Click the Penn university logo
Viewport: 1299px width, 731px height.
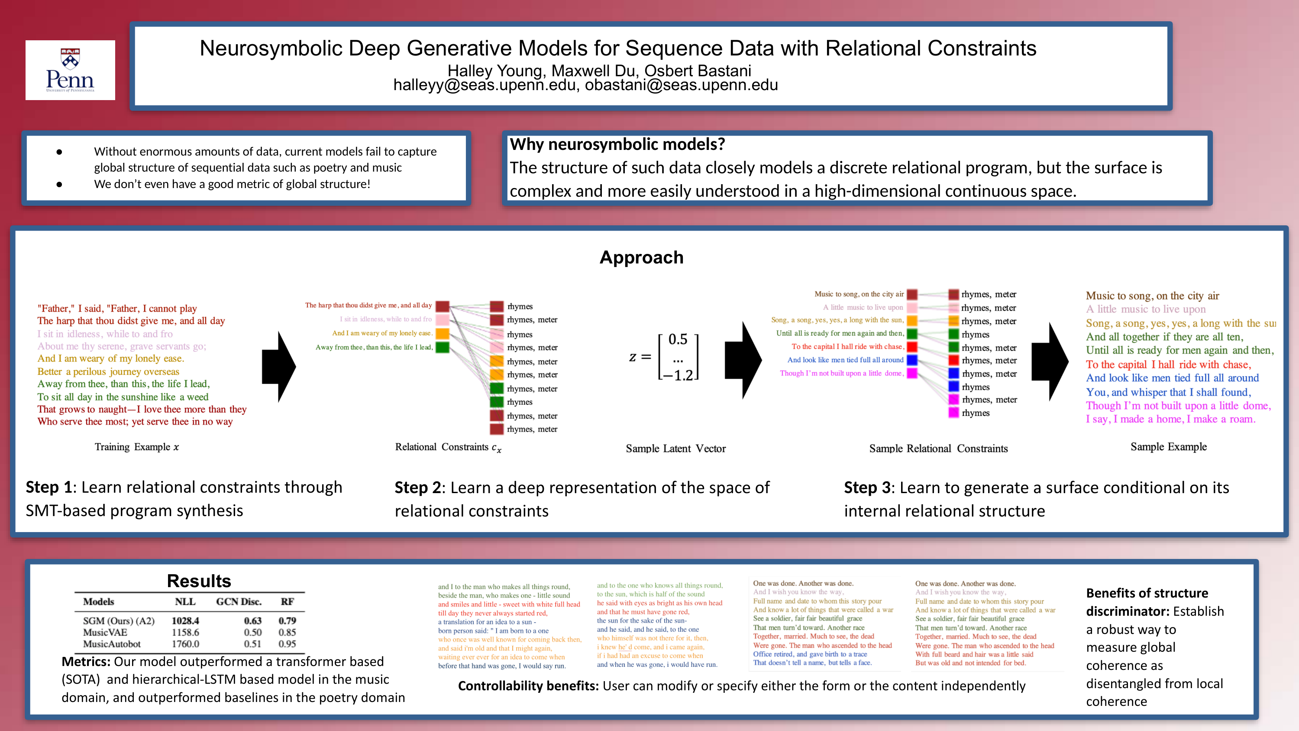(x=70, y=70)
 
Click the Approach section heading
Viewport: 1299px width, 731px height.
(x=641, y=257)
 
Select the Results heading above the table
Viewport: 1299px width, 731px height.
(x=199, y=581)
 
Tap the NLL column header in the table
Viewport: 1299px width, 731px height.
(x=185, y=601)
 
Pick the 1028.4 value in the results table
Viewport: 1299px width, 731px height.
(x=185, y=621)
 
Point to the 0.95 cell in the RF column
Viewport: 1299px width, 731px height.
(x=287, y=644)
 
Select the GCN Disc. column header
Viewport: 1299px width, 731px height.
(x=239, y=601)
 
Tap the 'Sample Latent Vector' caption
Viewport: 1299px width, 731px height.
(x=676, y=448)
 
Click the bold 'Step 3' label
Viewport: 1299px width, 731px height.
(x=868, y=487)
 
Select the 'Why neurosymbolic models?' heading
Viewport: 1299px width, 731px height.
(x=617, y=144)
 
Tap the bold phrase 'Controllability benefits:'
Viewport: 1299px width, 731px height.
(x=528, y=686)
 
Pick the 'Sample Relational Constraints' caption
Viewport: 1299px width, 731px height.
(x=938, y=448)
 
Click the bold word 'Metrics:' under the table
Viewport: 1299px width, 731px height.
(x=86, y=661)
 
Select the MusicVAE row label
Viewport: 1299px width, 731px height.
(x=105, y=632)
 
